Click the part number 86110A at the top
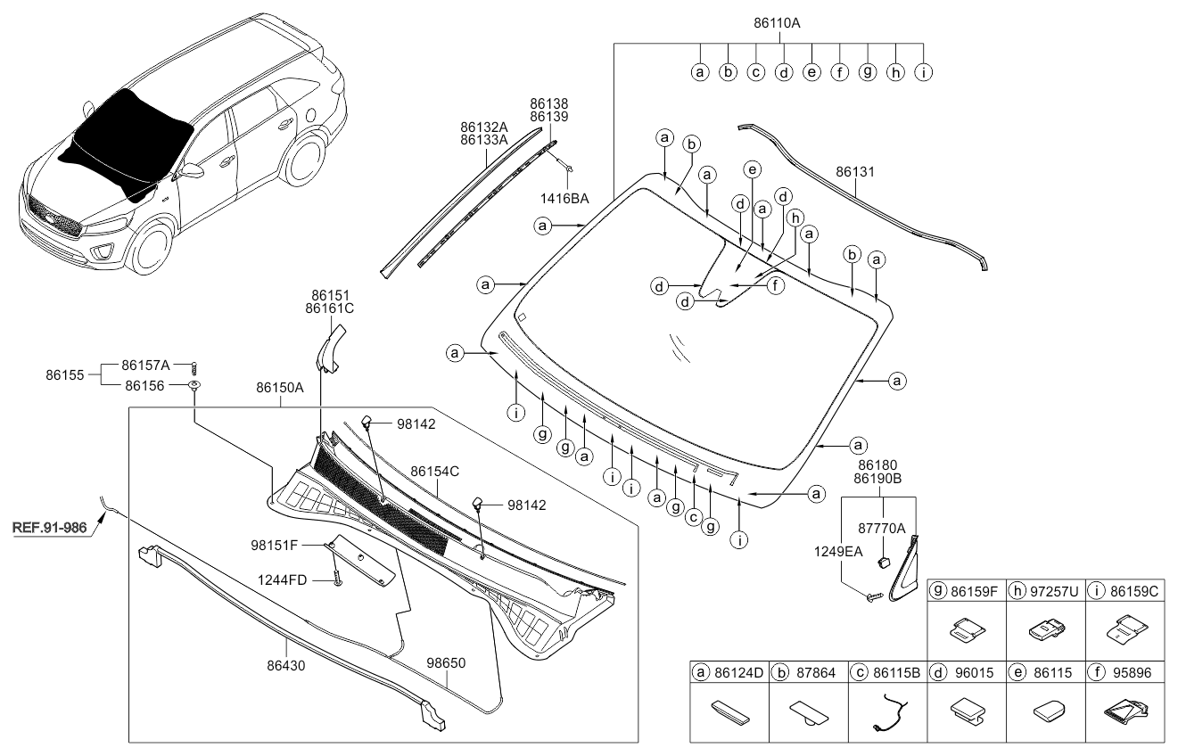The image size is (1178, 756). click(x=777, y=24)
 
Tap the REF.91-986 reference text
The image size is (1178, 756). click(x=50, y=528)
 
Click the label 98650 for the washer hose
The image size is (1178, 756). click(x=447, y=663)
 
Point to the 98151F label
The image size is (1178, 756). click(x=275, y=544)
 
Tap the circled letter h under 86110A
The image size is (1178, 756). click(x=895, y=72)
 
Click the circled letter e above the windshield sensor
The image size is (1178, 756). click(x=752, y=168)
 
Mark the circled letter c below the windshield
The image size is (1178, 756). click(x=692, y=516)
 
